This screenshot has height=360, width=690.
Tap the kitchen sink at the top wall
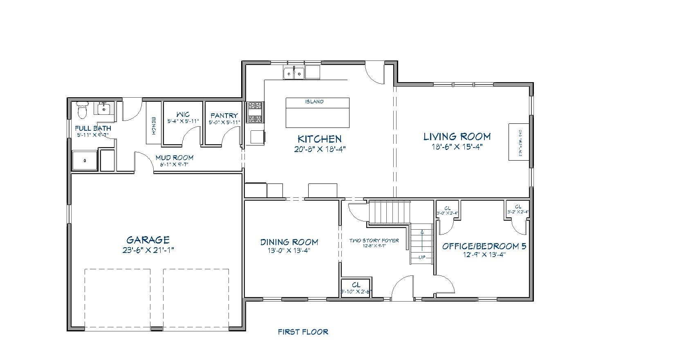click(x=294, y=74)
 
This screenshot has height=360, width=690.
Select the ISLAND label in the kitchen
click(x=314, y=101)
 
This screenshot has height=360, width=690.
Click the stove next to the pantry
click(x=255, y=112)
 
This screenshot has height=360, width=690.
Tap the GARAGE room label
click(x=148, y=240)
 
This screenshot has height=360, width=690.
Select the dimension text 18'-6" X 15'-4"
click(x=457, y=147)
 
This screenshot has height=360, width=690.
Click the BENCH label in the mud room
click(x=154, y=126)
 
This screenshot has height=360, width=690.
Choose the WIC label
click(x=183, y=114)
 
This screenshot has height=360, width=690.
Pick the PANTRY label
click(x=224, y=116)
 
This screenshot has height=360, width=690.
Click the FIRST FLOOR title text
click(x=303, y=332)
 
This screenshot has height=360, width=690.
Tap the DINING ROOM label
click(x=289, y=242)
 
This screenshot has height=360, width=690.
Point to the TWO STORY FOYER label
click(x=374, y=240)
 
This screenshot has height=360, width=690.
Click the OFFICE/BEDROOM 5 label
click(x=484, y=246)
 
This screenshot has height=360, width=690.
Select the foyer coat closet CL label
click(x=356, y=285)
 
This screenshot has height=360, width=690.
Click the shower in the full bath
click(x=85, y=160)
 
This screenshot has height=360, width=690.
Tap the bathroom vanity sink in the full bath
click(x=105, y=109)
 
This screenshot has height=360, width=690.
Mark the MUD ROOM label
click(x=174, y=157)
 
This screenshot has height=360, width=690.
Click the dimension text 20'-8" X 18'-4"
click(x=320, y=149)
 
